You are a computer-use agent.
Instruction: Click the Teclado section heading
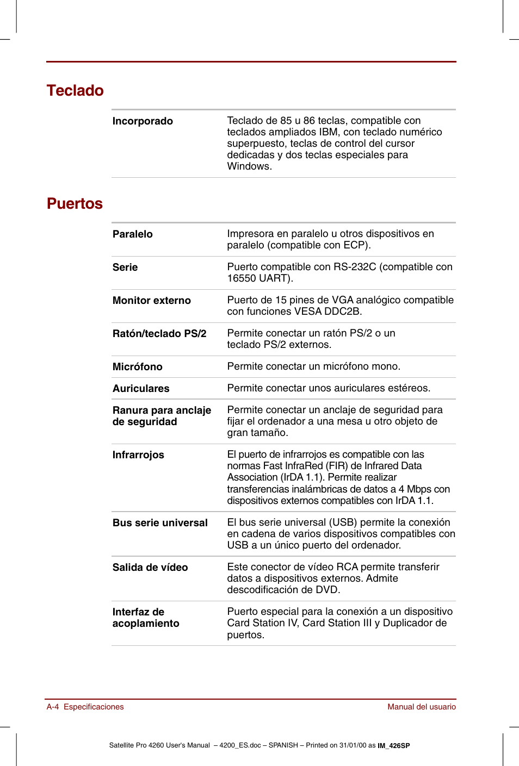(75, 90)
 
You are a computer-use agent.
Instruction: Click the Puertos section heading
(75, 203)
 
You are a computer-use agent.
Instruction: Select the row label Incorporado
(143, 121)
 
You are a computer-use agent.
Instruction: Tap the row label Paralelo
(132, 234)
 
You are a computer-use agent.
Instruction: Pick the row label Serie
(125, 267)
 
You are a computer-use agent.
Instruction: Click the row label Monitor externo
(151, 301)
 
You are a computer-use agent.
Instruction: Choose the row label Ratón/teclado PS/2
(159, 334)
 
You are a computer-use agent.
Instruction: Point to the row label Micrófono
(137, 367)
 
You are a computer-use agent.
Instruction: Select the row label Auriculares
(141, 389)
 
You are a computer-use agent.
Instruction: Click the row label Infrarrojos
(138, 455)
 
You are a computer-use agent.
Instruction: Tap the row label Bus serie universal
(160, 523)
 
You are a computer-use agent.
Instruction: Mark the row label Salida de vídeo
(150, 568)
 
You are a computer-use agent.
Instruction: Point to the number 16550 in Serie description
(241, 278)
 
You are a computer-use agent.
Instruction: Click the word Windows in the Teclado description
(248, 166)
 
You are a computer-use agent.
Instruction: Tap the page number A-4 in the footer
(53, 707)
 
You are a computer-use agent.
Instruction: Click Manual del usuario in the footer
(422, 707)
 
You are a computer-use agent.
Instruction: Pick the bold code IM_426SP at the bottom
(394, 746)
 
